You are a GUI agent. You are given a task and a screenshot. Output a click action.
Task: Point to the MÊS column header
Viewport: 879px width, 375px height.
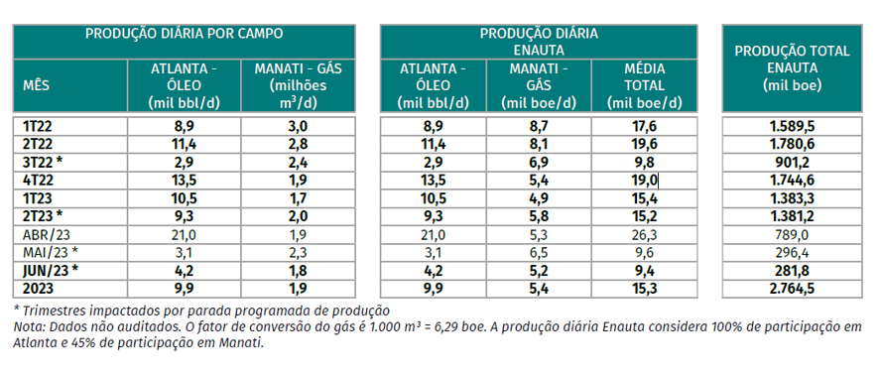(36, 86)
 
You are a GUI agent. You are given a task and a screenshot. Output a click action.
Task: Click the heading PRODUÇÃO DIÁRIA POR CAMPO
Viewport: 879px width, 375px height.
(185, 33)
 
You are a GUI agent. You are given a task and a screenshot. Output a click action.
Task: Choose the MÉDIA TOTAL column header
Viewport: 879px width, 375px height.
(645, 86)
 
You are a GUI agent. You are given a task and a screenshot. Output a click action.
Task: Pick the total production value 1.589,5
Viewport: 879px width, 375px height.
(791, 126)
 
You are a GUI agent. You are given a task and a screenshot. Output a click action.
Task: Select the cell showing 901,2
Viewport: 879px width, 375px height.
(791, 162)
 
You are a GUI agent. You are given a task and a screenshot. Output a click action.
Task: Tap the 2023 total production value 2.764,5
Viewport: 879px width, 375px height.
(791, 287)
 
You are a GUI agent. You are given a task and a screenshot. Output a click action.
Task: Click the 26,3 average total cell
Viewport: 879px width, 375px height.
(645, 233)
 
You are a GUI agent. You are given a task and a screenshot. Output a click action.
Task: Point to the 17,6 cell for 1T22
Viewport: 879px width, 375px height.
(645, 126)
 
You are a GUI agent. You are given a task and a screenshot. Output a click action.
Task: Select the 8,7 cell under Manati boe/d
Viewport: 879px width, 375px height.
(541, 126)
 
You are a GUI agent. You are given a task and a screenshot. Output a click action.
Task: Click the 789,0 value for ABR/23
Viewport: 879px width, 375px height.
(791, 233)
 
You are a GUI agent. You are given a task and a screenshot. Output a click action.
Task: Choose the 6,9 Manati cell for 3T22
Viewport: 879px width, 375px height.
(541, 162)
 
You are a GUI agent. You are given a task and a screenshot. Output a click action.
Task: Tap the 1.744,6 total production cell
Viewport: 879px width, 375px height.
(791, 180)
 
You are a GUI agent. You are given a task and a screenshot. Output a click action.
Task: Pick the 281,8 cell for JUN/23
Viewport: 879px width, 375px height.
(791, 269)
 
